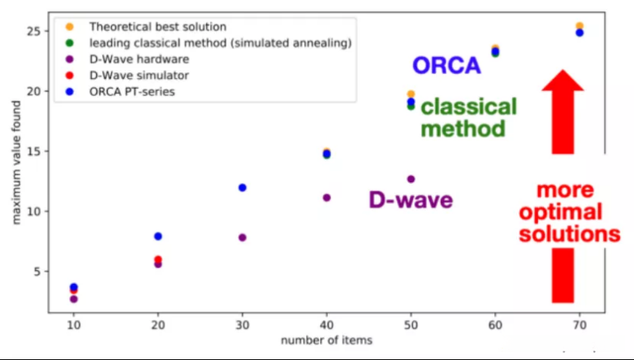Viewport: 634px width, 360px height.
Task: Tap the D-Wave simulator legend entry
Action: pyautogui.click(x=127, y=75)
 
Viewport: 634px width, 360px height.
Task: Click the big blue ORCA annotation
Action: pyautogui.click(x=446, y=66)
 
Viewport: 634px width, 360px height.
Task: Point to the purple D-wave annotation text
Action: pyautogui.click(x=410, y=200)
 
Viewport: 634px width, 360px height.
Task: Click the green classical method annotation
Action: pyautogui.click(x=468, y=117)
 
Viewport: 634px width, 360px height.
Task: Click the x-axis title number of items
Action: pyautogui.click(x=327, y=340)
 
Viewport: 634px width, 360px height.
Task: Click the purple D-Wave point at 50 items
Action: pyautogui.click(x=411, y=179)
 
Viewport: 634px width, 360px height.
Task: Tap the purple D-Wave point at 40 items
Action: pyautogui.click(x=326, y=198)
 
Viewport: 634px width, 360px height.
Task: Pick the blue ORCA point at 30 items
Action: pyautogui.click(x=242, y=188)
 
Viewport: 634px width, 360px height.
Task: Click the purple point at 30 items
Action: pyautogui.click(x=242, y=238)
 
